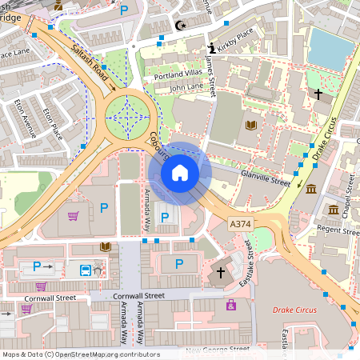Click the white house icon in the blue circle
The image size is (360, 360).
[180, 172]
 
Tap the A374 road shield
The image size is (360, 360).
[240, 223]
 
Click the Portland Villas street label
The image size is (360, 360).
[180, 74]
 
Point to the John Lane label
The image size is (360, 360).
[186, 86]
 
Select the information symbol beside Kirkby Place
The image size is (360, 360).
[211, 47]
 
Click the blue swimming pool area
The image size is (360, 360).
[330, 47]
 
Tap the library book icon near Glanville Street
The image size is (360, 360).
[252, 125]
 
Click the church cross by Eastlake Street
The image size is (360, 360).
[222, 272]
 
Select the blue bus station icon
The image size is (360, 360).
[84, 268]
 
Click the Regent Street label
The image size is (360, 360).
[319, 229]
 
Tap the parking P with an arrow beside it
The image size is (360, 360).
[40, 266]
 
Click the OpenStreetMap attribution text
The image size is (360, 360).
[81, 354]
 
